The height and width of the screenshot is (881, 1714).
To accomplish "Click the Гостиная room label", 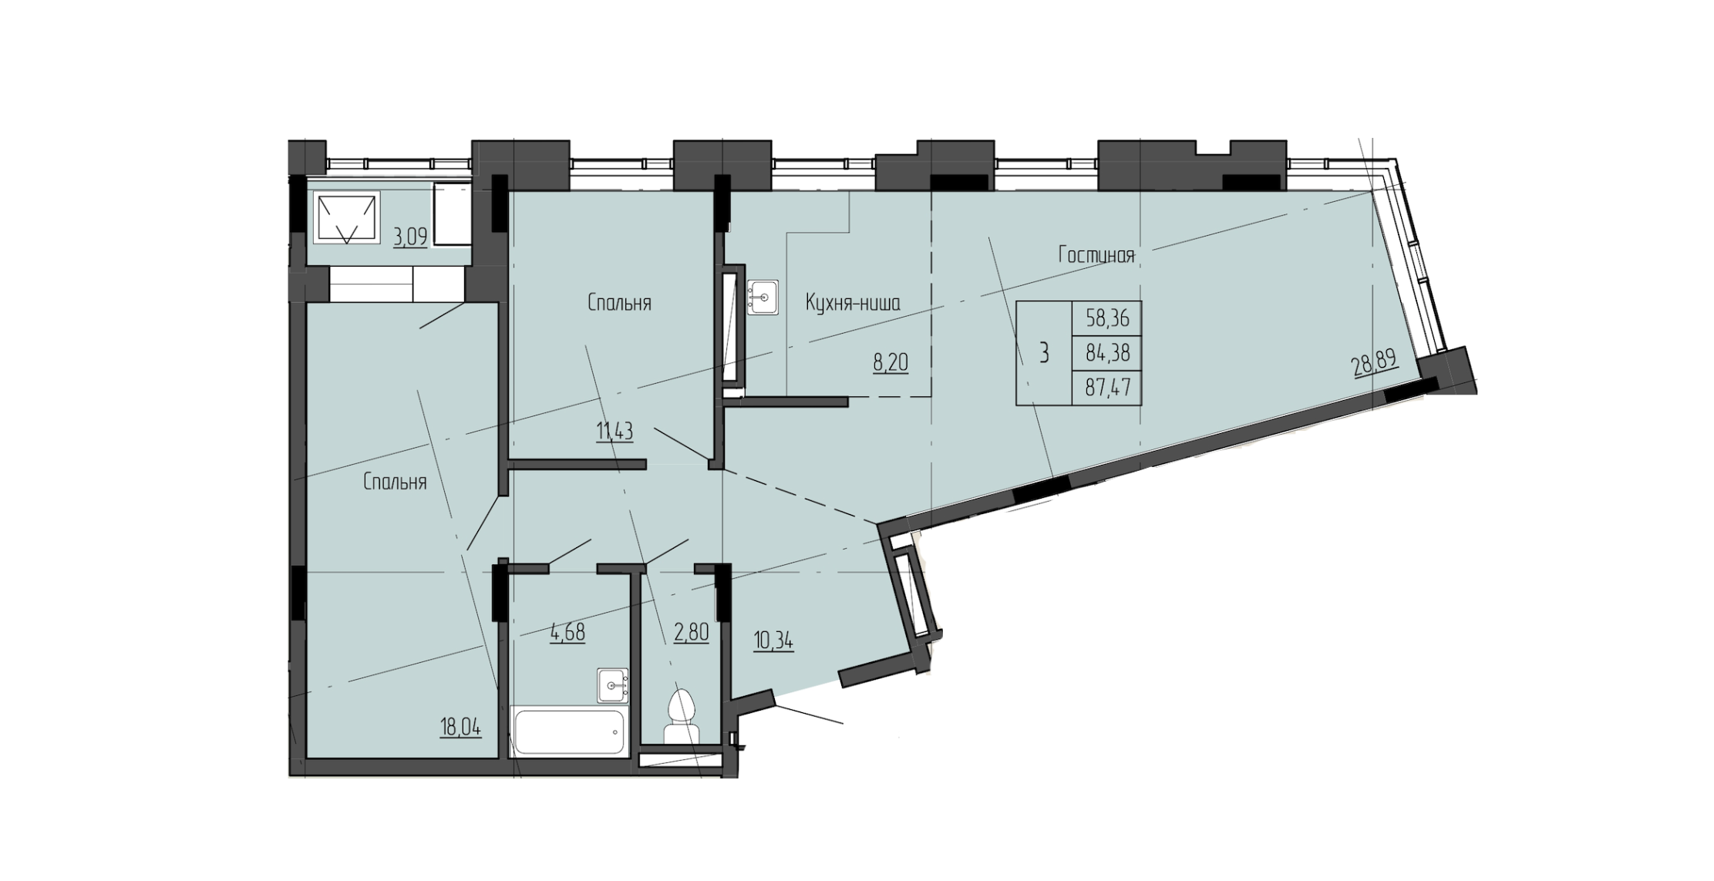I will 1096,256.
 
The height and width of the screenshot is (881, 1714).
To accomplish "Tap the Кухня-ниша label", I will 853,303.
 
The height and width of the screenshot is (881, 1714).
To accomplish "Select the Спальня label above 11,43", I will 619,303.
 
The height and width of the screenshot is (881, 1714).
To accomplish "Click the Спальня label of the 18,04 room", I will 395,483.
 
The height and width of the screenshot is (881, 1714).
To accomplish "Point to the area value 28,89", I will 1375,361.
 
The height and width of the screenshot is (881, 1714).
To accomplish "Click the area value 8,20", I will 890,362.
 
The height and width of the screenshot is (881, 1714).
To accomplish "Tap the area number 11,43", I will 615,432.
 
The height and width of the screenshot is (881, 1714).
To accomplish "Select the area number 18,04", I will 460,726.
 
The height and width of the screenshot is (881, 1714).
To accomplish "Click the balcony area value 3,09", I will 410,236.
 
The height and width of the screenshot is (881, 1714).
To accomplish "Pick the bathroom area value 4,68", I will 567,632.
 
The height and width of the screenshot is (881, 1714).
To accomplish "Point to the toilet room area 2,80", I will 690,634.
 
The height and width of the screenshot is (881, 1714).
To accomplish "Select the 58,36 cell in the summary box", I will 1106,318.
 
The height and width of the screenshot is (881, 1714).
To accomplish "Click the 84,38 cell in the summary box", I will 1106,353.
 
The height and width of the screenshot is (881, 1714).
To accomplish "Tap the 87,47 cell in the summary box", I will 1106,387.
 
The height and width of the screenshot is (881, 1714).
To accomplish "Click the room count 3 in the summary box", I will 1044,354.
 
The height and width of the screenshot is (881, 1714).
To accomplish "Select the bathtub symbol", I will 569,733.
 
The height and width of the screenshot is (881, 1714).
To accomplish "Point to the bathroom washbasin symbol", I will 614,684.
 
